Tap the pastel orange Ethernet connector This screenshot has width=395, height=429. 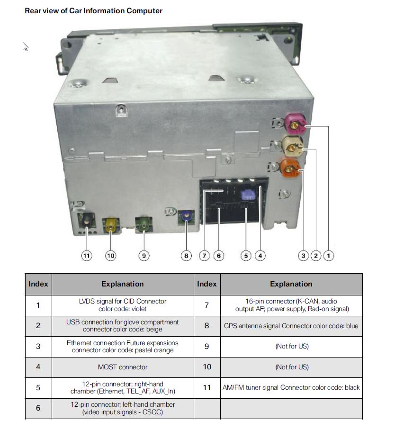tap(291, 168)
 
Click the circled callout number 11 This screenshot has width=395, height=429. tap(86, 256)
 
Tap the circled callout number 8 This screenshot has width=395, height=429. tap(186, 256)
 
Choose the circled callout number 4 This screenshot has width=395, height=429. tap(260, 256)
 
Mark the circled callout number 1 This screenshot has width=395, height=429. tap(328, 256)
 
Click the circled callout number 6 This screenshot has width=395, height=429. tap(218, 256)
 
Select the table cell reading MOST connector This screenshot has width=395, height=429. tap(122, 367)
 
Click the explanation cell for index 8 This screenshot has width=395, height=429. tap(291, 326)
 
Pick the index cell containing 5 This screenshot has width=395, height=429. tap(38, 387)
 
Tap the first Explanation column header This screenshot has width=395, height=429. tap(122, 284)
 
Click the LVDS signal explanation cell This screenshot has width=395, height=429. tap(122, 305)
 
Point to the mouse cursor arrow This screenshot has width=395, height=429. tap(25, 46)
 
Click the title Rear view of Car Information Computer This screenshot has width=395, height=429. tap(93, 10)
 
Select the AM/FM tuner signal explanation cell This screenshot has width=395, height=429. tap(291, 387)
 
